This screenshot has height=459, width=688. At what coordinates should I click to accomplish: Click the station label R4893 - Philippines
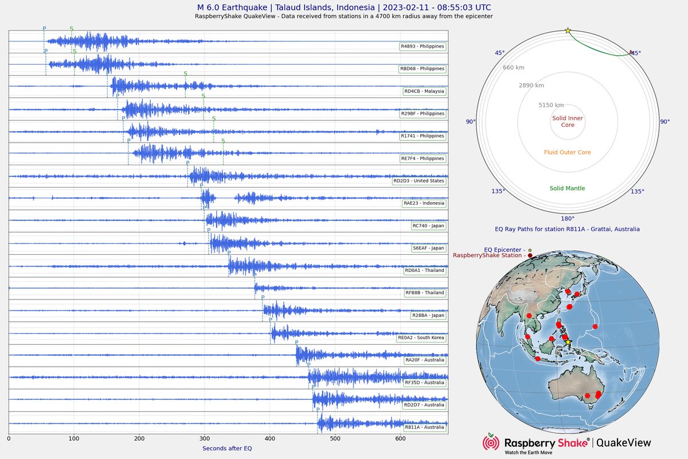pos(423,46)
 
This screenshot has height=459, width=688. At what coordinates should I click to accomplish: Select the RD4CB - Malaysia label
pos(424,91)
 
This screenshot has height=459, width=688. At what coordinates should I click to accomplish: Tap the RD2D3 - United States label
pos(419,181)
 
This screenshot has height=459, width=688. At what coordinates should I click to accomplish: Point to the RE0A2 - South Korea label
pos(421,338)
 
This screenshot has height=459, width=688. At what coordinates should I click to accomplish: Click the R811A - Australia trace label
pos(424,427)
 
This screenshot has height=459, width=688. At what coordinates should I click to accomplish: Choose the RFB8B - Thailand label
pos(425,293)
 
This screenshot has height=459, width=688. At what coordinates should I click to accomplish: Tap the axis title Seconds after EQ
pos(227,448)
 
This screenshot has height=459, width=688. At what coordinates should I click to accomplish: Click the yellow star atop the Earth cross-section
pos(568,30)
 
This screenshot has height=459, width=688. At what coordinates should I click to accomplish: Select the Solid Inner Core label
pos(568,121)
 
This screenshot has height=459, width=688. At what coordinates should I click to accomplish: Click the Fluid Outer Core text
pos(568,153)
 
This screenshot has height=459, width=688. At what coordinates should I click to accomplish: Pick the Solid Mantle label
pos(568,188)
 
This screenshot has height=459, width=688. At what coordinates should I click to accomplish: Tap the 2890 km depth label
pos(531,85)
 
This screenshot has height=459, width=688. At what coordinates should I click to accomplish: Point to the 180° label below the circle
pos(568,219)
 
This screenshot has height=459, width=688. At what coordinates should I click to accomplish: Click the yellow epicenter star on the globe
pos(568,342)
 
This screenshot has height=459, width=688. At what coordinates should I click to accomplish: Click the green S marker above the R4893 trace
pos(72,28)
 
